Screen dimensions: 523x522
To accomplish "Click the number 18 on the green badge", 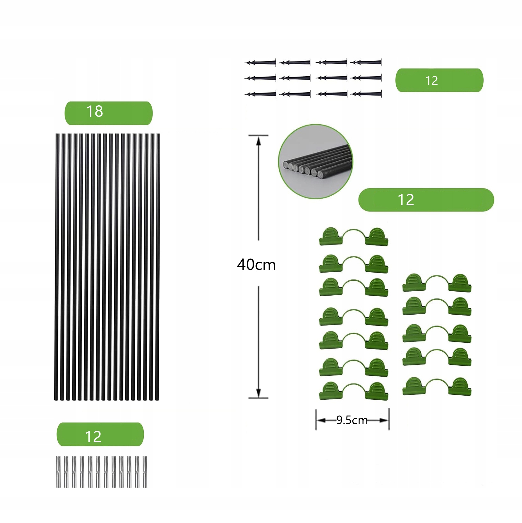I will pos(94,112).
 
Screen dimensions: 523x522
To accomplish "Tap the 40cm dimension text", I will pos(256,265).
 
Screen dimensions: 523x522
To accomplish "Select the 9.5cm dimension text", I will pos(352,420).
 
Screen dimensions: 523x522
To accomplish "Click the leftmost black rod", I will pos(57,267).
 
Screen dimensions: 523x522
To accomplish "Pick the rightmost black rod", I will pos(158,267).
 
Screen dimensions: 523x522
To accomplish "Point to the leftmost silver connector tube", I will pos(58,472).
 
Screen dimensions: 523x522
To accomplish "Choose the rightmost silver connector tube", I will pos(145,472).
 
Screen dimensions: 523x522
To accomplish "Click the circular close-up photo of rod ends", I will pos(316,161).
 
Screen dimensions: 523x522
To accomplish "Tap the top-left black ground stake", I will pos(261,63).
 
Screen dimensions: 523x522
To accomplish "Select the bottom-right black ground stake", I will pos(366,93).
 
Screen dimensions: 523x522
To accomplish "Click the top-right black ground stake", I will pos(366,62).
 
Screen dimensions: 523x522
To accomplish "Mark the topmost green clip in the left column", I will pos(354,237).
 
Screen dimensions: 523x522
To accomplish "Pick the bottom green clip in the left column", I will pos(354,391).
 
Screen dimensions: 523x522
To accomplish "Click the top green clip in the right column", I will pos(437,283).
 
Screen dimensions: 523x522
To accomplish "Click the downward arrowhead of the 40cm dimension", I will pos(258,393).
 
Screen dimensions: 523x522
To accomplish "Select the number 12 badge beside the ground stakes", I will pos(439,80).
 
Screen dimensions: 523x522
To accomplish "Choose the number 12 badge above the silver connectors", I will pos(100,435).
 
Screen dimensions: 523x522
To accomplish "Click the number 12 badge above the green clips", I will pos(426,200).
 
